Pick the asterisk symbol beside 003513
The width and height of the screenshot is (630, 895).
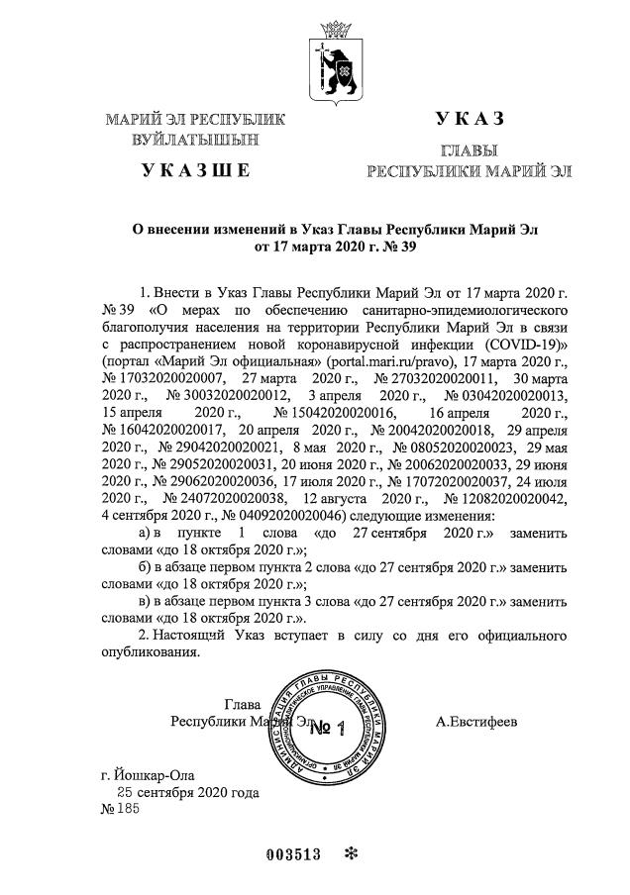point(351,854)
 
